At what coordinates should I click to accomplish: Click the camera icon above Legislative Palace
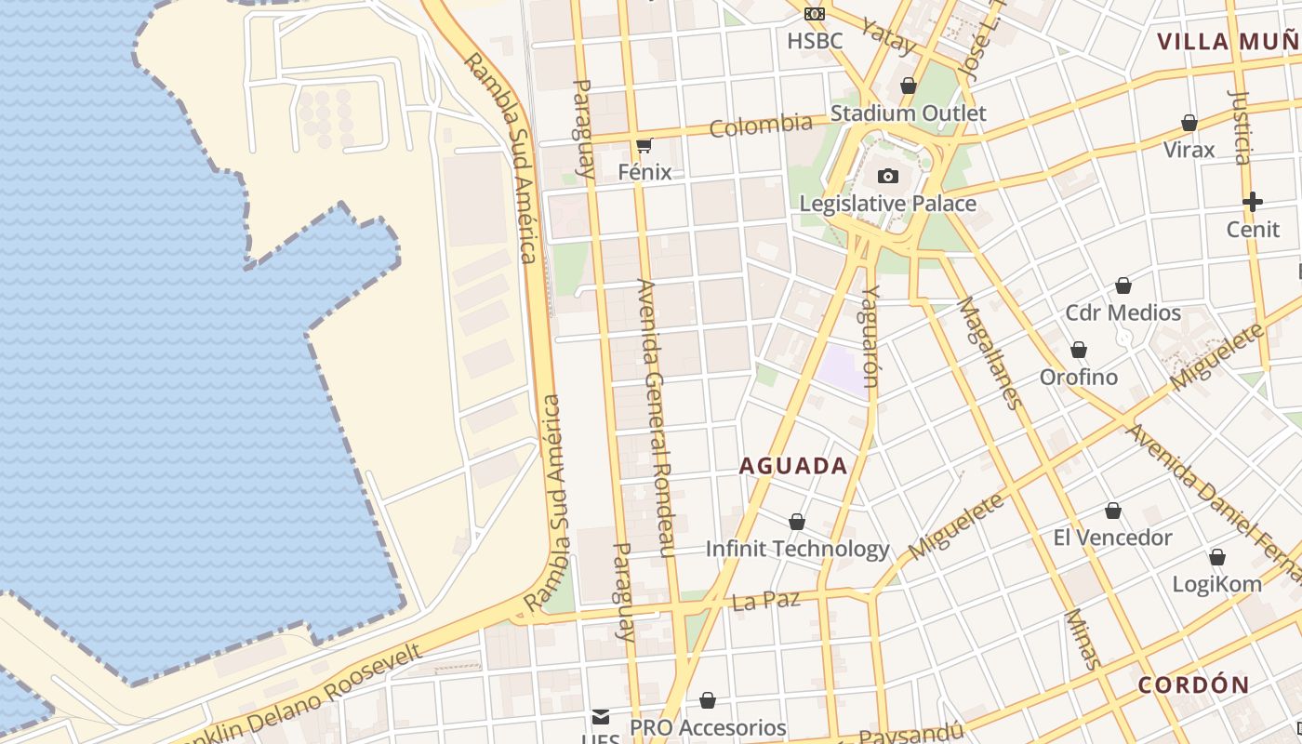pyautogui.click(x=888, y=176)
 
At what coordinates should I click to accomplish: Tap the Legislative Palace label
pyautogui.click(x=888, y=204)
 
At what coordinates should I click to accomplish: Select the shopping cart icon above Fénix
pyautogui.click(x=644, y=145)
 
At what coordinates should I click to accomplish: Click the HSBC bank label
pyautogui.click(x=815, y=41)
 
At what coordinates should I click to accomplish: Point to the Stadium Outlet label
pyautogui.click(x=908, y=113)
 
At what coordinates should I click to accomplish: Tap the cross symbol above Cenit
pyautogui.click(x=1253, y=201)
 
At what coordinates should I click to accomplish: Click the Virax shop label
pyautogui.click(x=1189, y=150)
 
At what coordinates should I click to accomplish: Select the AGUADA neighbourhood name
pyautogui.click(x=793, y=466)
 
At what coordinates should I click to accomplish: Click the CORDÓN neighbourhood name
pyautogui.click(x=1194, y=685)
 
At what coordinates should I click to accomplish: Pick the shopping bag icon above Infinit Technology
pyautogui.click(x=797, y=522)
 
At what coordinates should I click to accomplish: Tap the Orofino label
pyautogui.click(x=1079, y=378)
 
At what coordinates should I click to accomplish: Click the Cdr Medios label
pyautogui.click(x=1123, y=312)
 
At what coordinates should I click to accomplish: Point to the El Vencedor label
pyautogui.click(x=1112, y=538)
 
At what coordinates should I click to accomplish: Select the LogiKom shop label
pyautogui.click(x=1216, y=584)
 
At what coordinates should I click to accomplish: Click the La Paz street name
pyautogui.click(x=766, y=601)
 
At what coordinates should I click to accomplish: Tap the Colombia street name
pyautogui.click(x=761, y=125)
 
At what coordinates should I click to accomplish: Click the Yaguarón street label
pyautogui.click(x=870, y=335)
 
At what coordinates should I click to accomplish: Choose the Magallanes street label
pyautogui.click(x=989, y=352)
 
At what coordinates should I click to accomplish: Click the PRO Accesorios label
pyautogui.click(x=708, y=727)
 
